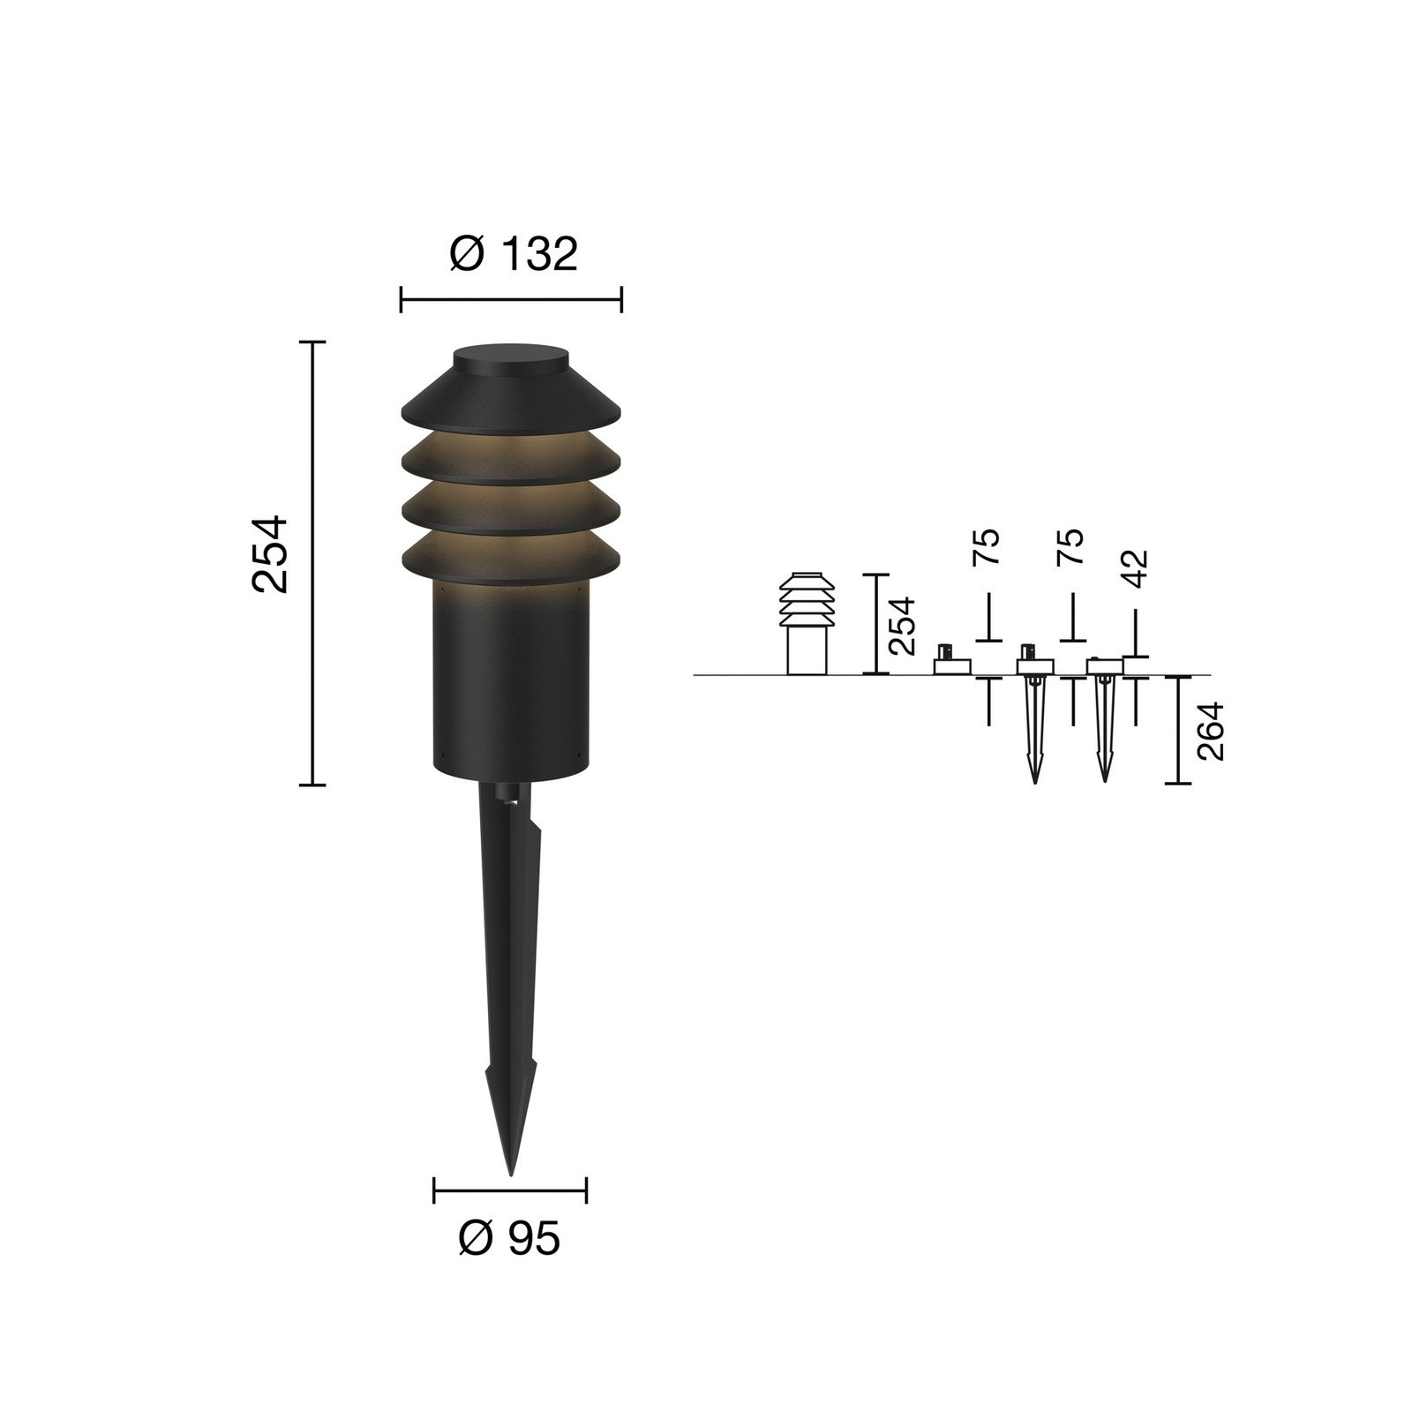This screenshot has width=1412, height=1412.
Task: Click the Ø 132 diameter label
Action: pos(513,254)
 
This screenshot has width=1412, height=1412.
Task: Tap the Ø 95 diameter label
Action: pos(509,1239)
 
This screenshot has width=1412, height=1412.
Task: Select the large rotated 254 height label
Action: pos(270,554)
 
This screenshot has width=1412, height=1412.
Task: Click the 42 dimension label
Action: pos(1137,568)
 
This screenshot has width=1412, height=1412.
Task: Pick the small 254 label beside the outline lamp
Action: pos(902,626)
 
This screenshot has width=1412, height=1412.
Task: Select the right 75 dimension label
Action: pos(1070,547)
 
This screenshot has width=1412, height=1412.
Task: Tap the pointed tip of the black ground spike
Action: pos(510,1174)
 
